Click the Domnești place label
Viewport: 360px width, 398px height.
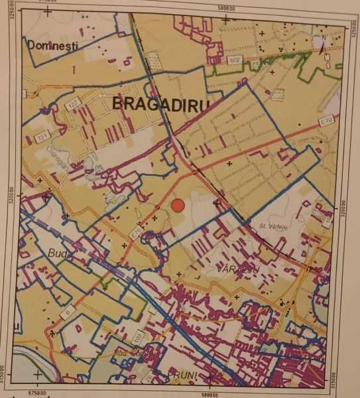coord(52,45)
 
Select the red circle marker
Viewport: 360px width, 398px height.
coord(177,206)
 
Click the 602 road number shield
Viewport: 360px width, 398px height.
coord(233,60)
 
